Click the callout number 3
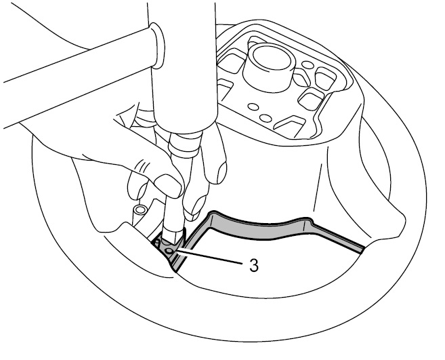coord(254,265)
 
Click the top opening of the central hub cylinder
coord(272,58)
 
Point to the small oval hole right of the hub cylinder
coord(308,65)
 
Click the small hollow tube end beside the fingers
coord(140,210)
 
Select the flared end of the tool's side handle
coord(158,46)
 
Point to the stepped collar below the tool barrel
coord(185,144)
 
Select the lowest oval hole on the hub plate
coord(266,118)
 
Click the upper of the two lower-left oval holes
coord(253,107)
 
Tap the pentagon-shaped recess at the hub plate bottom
coord(289,125)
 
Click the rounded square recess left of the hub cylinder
coord(231,61)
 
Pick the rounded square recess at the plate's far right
coord(326,77)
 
